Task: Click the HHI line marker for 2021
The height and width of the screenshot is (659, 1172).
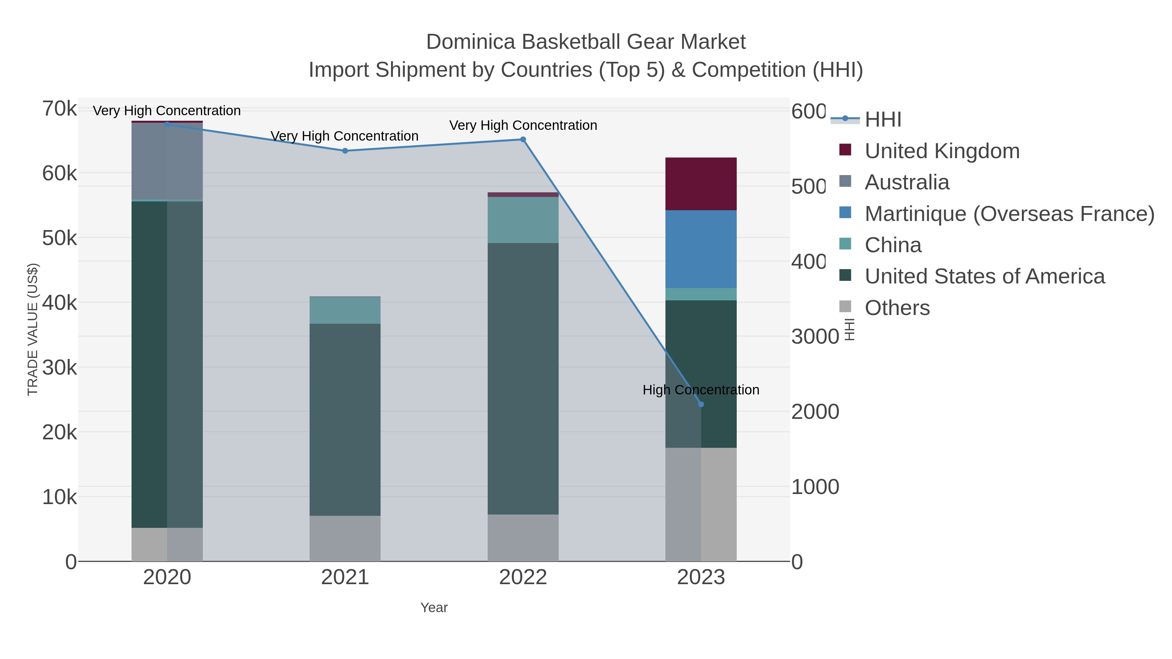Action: [x=344, y=151]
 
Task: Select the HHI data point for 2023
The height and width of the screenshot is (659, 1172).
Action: [x=701, y=404]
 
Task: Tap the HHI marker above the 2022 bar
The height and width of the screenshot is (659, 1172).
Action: [x=523, y=139]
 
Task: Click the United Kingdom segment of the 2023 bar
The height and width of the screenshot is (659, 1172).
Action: [x=701, y=184]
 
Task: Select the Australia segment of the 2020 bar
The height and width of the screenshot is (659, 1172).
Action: [x=167, y=161]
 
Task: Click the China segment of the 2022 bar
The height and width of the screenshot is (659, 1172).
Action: [x=523, y=220]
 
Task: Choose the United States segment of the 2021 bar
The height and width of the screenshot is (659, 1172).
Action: [x=344, y=419]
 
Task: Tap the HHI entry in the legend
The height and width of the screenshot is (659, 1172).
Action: [x=883, y=120]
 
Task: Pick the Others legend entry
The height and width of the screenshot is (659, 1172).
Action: [x=897, y=308]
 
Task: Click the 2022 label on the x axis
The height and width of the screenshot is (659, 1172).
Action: [x=523, y=578]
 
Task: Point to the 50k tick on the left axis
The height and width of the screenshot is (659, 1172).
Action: [x=60, y=238]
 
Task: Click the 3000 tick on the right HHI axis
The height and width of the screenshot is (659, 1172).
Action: [x=815, y=336]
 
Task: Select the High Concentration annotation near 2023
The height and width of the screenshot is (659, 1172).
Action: [x=701, y=390]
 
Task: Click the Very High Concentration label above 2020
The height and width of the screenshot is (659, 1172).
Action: [x=166, y=111]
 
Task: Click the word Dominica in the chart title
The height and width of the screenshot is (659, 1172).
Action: [x=470, y=42]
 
